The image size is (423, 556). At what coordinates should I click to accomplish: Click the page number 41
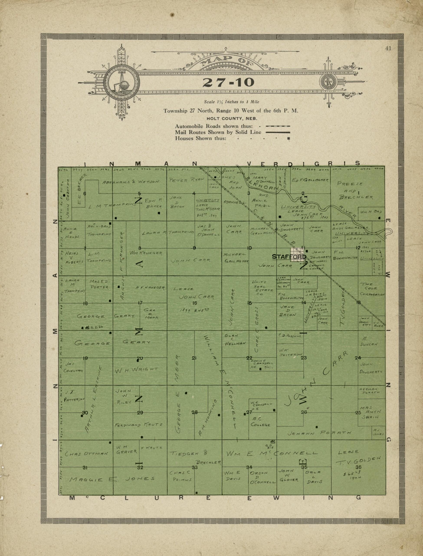tap(388, 49)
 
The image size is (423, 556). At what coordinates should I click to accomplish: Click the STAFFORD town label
tap(289, 257)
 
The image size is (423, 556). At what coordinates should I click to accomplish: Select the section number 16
tap(194, 303)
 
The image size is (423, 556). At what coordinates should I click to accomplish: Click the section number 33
tap(195, 467)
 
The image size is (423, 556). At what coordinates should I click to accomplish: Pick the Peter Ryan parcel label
tap(187, 180)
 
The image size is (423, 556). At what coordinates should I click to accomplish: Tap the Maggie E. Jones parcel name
tap(112, 479)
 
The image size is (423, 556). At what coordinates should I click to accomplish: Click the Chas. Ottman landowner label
tap(86, 454)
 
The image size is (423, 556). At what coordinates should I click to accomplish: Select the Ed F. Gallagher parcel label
tap(310, 180)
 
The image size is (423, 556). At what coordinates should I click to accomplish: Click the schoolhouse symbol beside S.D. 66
tap(87, 328)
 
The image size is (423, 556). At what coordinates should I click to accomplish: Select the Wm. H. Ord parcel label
tap(371, 212)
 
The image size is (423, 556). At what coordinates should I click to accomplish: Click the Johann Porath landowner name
tap(319, 433)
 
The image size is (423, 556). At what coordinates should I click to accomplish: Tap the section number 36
tap(358, 467)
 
